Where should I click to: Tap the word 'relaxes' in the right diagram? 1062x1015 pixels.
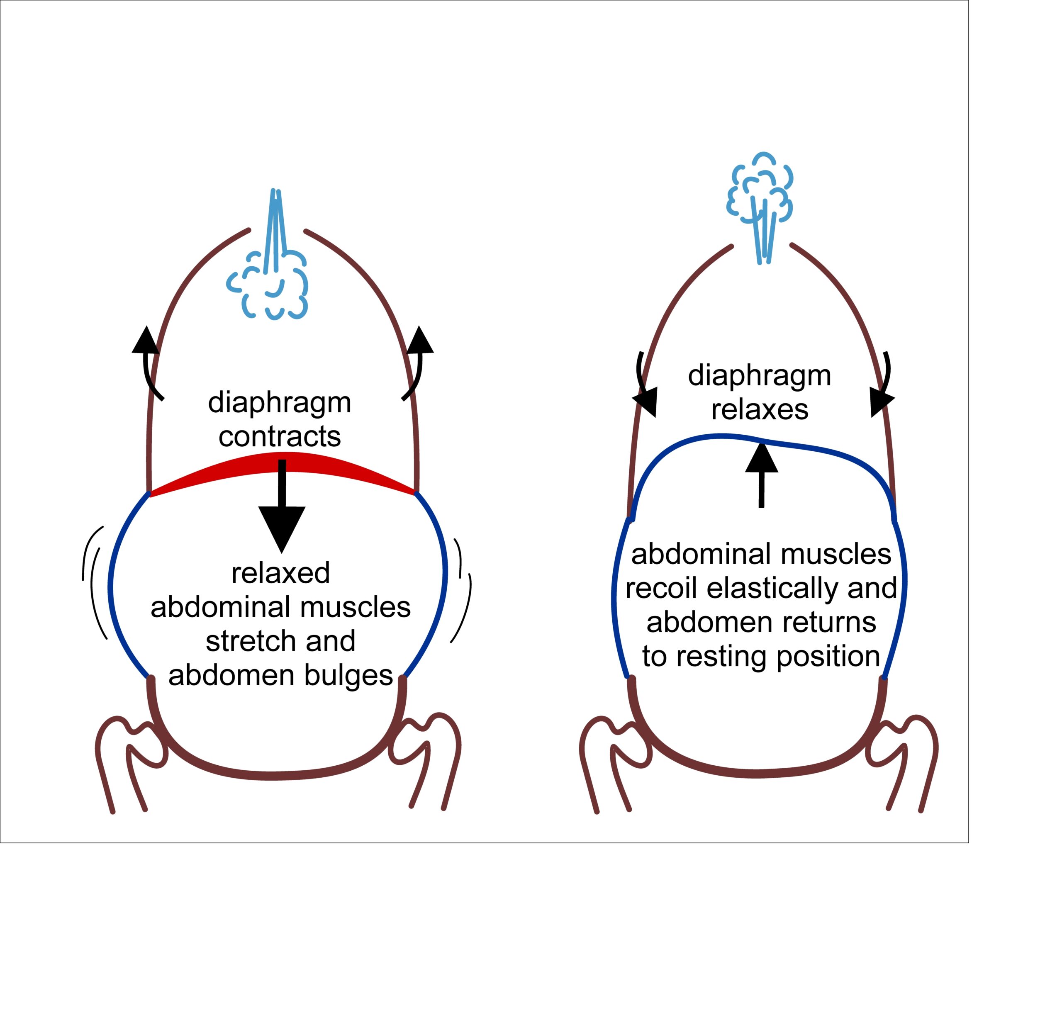(x=760, y=409)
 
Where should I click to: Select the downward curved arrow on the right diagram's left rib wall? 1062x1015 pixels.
(x=644, y=387)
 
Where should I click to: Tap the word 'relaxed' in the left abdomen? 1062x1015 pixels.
(x=280, y=573)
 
